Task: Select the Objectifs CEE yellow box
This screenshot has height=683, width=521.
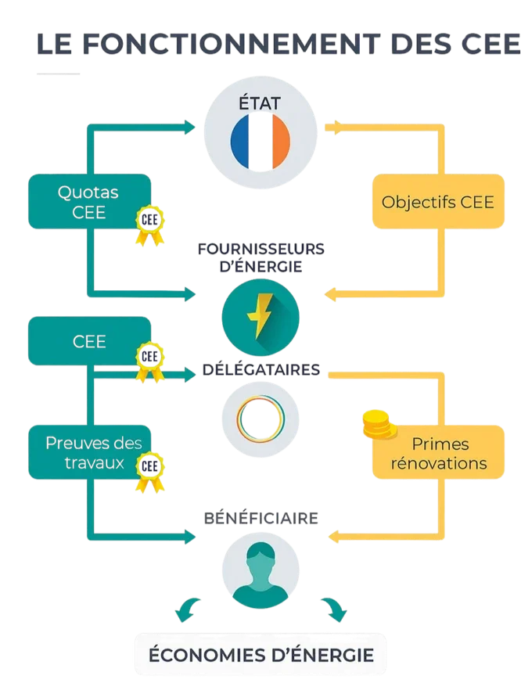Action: (437, 202)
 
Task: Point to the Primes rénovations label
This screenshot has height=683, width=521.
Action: (439, 454)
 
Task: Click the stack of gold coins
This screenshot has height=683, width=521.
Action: (379, 426)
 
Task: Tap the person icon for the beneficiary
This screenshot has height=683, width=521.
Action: (260, 576)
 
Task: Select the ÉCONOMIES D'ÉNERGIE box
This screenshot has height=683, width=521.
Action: (261, 654)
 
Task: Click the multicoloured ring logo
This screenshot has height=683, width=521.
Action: (259, 416)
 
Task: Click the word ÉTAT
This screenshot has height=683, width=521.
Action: (260, 102)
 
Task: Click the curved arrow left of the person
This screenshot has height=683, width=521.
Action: (190, 608)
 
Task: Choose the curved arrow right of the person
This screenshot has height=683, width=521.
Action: (332, 608)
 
